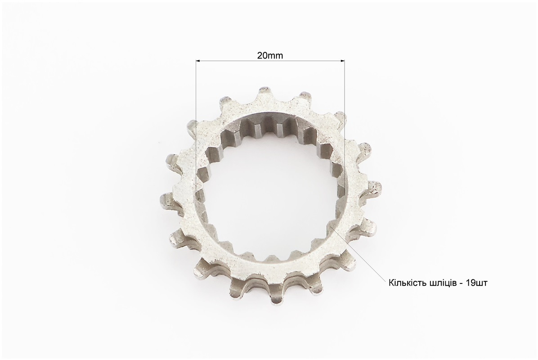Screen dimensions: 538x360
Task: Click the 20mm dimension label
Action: click(270, 56)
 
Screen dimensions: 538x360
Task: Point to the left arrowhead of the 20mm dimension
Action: click(198, 61)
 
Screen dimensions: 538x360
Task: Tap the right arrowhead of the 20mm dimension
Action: click(342, 61)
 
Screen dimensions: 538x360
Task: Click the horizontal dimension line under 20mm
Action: click(270, 61)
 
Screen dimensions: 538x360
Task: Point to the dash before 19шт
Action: click(462, 284)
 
